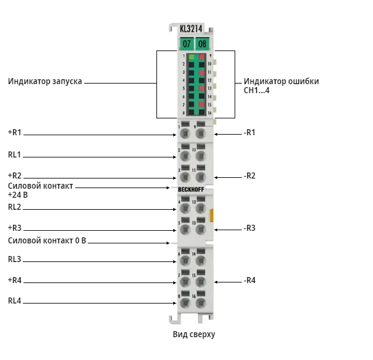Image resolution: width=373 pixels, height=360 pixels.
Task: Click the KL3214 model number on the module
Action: pos(191,29)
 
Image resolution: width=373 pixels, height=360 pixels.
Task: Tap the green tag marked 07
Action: pos(186,44)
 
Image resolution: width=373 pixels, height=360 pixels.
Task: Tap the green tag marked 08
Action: pos(202,44)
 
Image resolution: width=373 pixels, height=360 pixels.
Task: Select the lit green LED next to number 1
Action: pos(191,56)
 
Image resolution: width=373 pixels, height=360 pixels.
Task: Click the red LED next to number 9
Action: pos(202,56)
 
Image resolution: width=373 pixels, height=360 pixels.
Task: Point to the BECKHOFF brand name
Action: pos(191,189)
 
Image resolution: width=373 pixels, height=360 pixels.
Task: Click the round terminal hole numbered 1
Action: pos(185,133)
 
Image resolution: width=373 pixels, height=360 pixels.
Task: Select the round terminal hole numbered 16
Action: pos(201,303)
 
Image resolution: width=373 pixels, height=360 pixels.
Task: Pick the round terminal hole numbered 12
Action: pos(201,209)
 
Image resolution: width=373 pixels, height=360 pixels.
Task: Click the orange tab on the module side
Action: pos(212,215)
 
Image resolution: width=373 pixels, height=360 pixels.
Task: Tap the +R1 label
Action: pos(15,132)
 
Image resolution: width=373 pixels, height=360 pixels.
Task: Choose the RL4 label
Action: pos(14,301)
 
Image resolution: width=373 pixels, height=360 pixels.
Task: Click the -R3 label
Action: pos(250,228)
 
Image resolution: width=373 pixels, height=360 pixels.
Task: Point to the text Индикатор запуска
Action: pos(45,81)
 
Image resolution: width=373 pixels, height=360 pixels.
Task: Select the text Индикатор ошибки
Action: pos(281,81)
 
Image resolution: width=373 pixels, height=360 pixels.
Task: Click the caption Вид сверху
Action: pos(194,334)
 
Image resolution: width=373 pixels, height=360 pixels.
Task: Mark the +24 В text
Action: pos(18,195)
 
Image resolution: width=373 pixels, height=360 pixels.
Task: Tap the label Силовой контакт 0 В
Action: pos(47,240)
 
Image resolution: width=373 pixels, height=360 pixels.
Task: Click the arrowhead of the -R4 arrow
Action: pos(215,282)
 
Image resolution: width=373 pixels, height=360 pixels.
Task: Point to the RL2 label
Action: pos(14,207)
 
